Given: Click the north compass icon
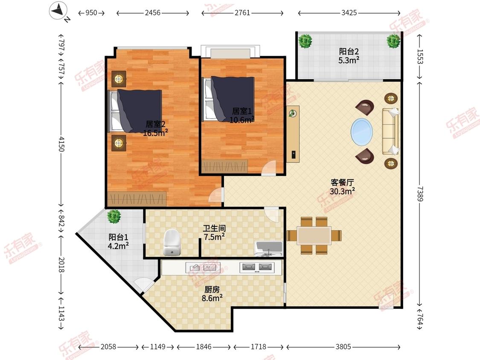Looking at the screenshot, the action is point(59,12).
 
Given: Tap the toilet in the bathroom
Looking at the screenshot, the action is point(172,242).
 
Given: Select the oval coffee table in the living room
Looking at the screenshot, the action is point(362,132).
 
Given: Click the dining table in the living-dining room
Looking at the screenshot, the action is point(314,235).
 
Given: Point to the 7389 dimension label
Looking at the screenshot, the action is point(420,194).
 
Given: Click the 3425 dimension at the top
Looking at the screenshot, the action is point(349,12).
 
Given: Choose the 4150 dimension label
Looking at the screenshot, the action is point(61,144).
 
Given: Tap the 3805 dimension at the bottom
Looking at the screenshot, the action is point(343,346).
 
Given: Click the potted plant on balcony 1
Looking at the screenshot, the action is point(114,216).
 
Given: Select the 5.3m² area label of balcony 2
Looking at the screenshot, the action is point(349,60).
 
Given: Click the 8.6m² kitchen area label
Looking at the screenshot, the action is point(212,298).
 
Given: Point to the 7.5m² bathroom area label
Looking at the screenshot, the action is point(214,237).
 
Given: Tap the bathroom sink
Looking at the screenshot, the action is point(269,249).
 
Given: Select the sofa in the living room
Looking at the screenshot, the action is point(390,131).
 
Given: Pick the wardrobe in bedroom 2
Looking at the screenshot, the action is point(137,199).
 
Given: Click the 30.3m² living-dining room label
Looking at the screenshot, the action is point(342,192).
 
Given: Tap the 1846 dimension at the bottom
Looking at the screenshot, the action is point(204,346).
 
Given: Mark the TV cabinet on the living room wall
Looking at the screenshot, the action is point(293,134).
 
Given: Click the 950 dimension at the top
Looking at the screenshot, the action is point(91,12).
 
